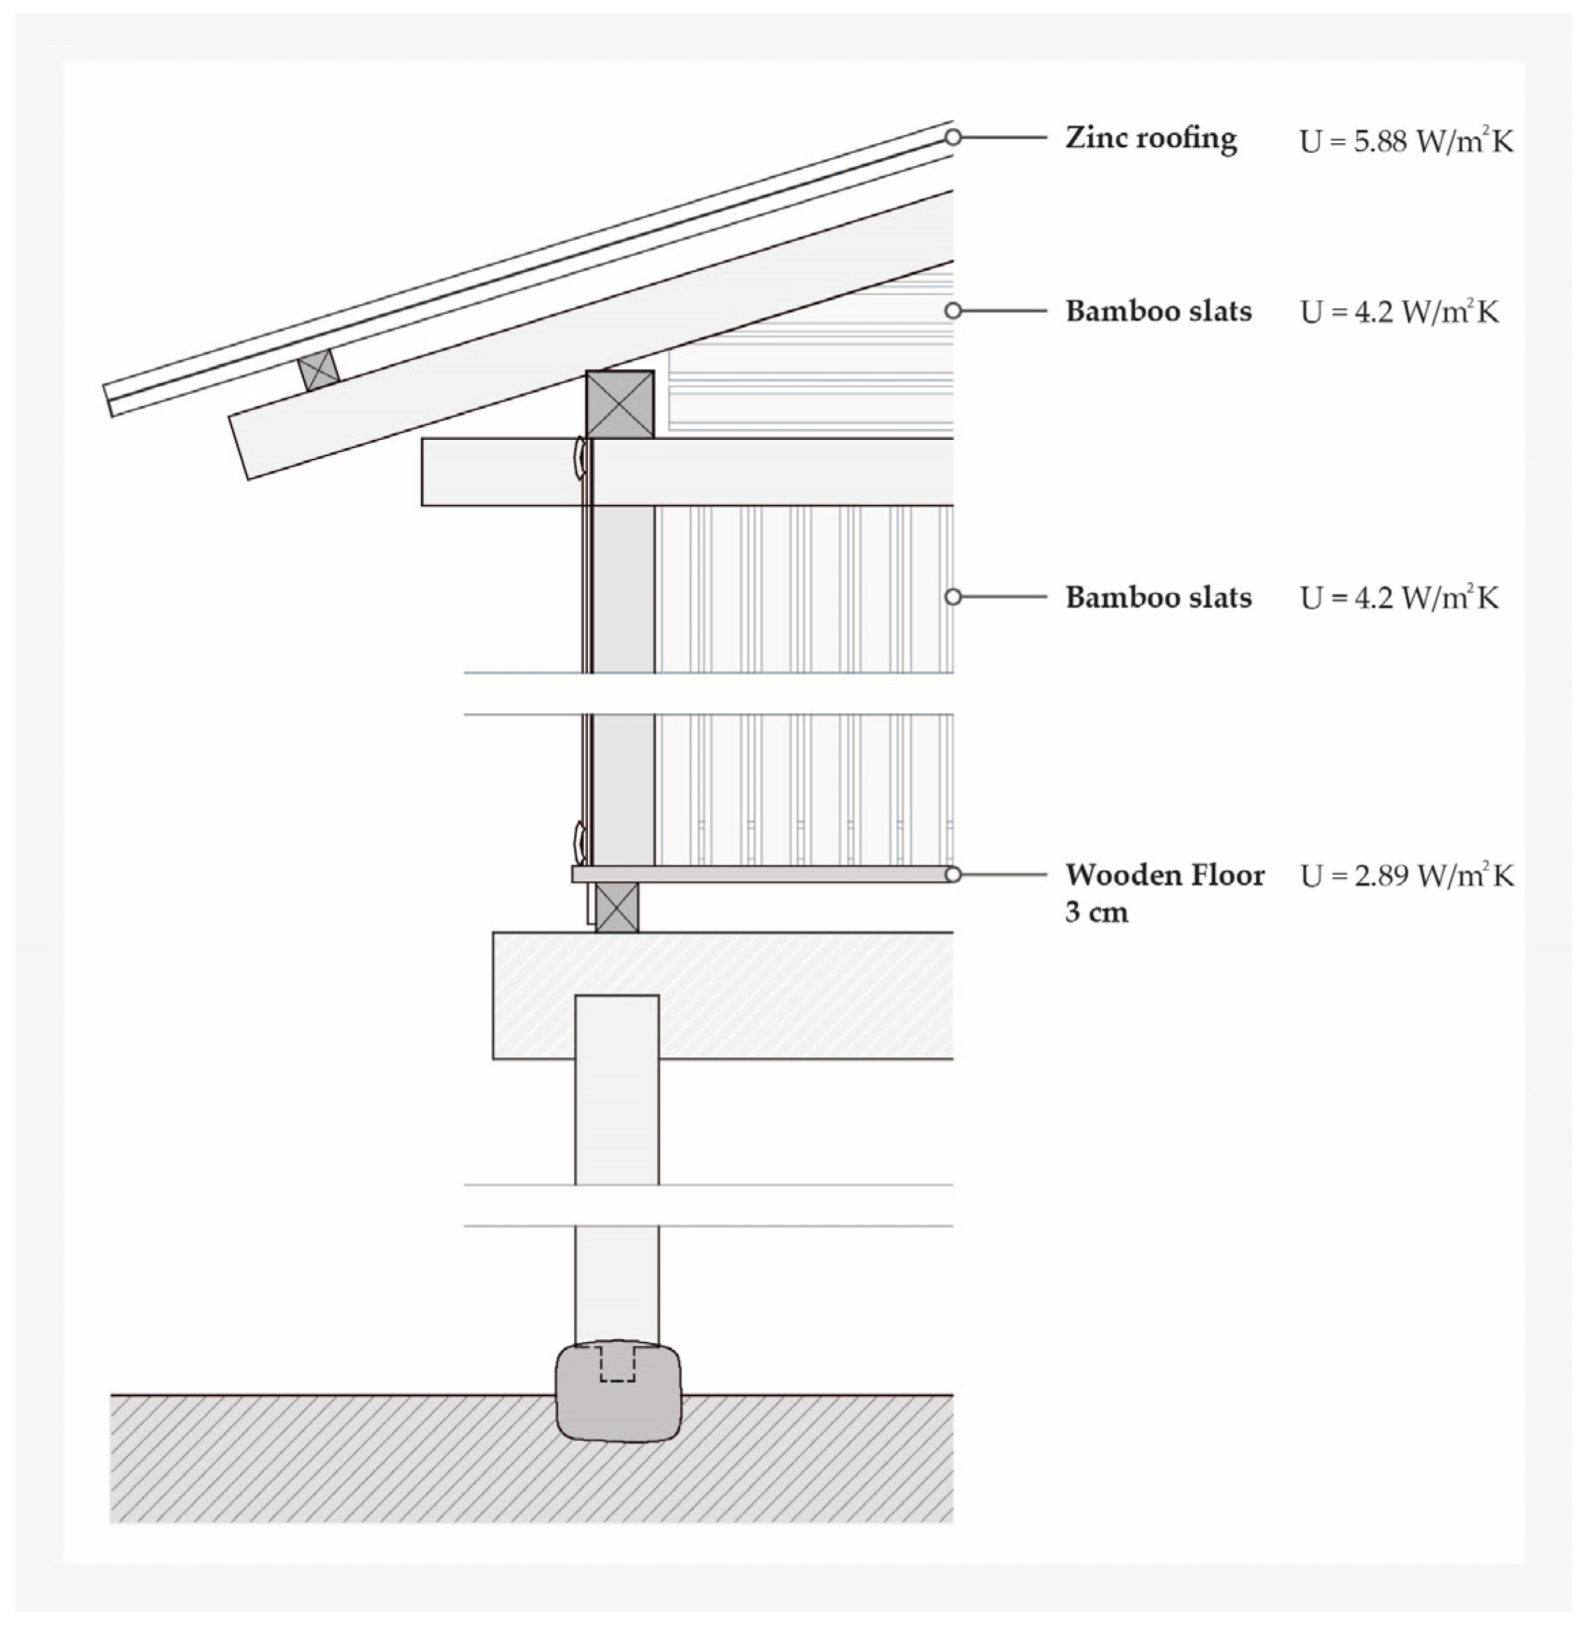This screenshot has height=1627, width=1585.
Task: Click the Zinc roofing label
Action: coord(1151,138)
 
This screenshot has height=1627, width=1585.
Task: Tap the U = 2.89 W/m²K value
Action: coord(1406,876)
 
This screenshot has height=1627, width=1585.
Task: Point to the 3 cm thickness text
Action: coord(1096,913)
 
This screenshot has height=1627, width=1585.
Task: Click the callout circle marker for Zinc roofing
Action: coord(953,137)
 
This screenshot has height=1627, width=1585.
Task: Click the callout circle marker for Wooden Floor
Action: coord(953,875)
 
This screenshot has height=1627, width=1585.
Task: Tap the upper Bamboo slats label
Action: coord(1158,312)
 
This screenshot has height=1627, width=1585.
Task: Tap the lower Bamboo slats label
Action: coord(1158,597)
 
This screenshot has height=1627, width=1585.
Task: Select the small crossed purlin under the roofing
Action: coord(319,369)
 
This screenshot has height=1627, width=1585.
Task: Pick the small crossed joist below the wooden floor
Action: coord(617,907)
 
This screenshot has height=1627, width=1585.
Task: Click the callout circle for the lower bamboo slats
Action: coord(953,597)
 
